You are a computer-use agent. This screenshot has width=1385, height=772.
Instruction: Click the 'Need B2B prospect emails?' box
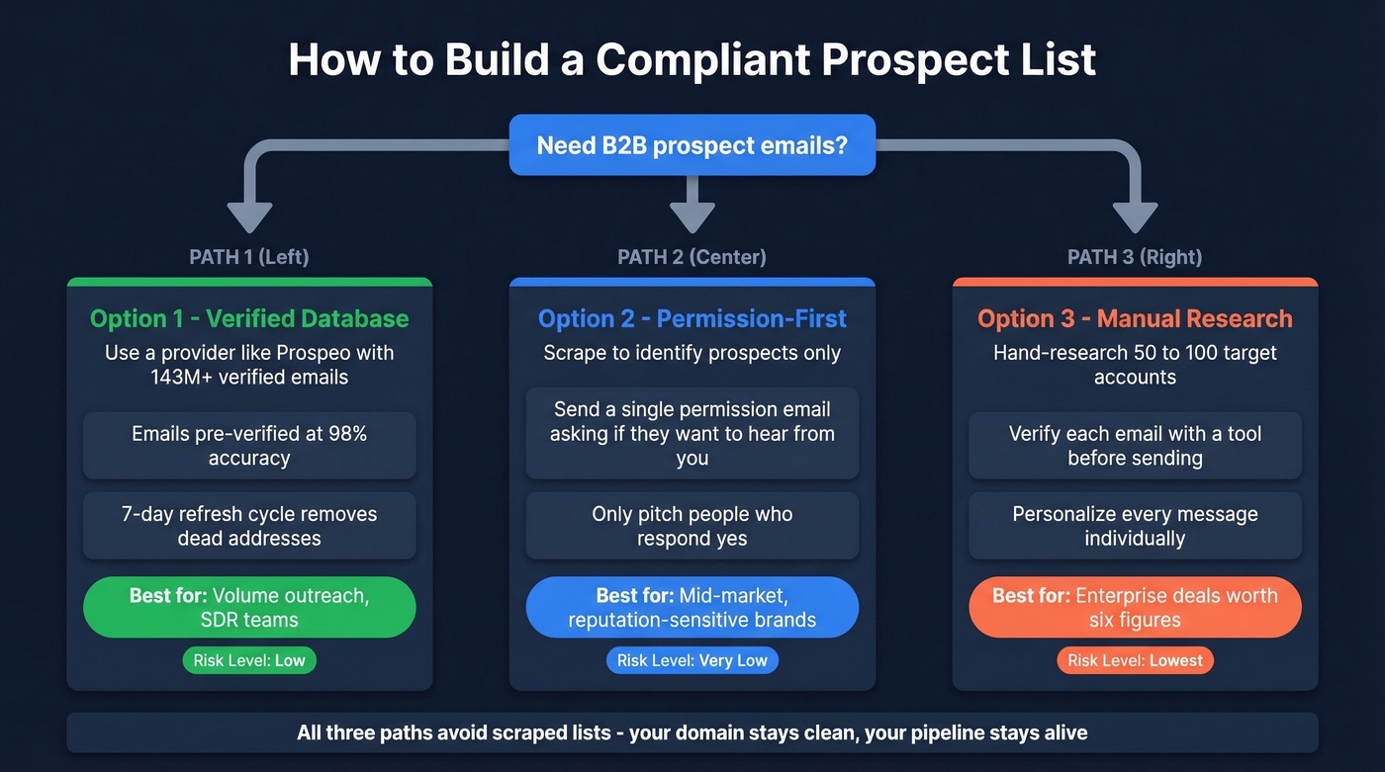click(692, 145)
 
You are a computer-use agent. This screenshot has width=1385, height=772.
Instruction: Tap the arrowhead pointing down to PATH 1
click(249, 214)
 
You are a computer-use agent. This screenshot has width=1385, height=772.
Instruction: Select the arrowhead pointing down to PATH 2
click(692, 214)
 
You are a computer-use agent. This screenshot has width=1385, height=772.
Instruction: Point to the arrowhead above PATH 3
click(1135, 214)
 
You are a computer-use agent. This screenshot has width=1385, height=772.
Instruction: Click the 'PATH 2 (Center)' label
click(692, 257)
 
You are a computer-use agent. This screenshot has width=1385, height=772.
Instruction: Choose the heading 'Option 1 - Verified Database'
click(249, 318)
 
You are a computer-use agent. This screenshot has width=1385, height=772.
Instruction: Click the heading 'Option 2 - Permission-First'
click(692, 318)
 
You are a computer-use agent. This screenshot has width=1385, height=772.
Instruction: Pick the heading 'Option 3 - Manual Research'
click(1135, 318)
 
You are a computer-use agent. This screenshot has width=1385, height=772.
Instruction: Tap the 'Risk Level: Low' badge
click(249, 660)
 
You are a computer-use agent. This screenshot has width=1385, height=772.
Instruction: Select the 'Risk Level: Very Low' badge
click(692, 660)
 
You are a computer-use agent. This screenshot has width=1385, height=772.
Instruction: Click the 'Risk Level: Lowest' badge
click(1135, 660)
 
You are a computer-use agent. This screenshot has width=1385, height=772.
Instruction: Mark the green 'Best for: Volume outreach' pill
click(249, 608)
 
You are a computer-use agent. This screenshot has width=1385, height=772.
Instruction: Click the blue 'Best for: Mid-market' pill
click(692, 608)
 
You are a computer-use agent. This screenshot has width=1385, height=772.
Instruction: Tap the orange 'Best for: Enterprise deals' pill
click(1135, 608)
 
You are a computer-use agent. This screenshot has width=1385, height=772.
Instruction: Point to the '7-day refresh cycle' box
click(249, 526)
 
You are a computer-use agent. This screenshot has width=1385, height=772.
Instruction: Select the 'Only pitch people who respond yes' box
click(692, 526)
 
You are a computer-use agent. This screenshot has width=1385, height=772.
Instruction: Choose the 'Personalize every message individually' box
click(1135, 526)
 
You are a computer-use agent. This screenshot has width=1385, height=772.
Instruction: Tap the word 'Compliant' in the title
click(702, 59)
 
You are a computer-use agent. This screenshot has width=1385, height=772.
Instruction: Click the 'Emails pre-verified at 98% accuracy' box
click(249, 446)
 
